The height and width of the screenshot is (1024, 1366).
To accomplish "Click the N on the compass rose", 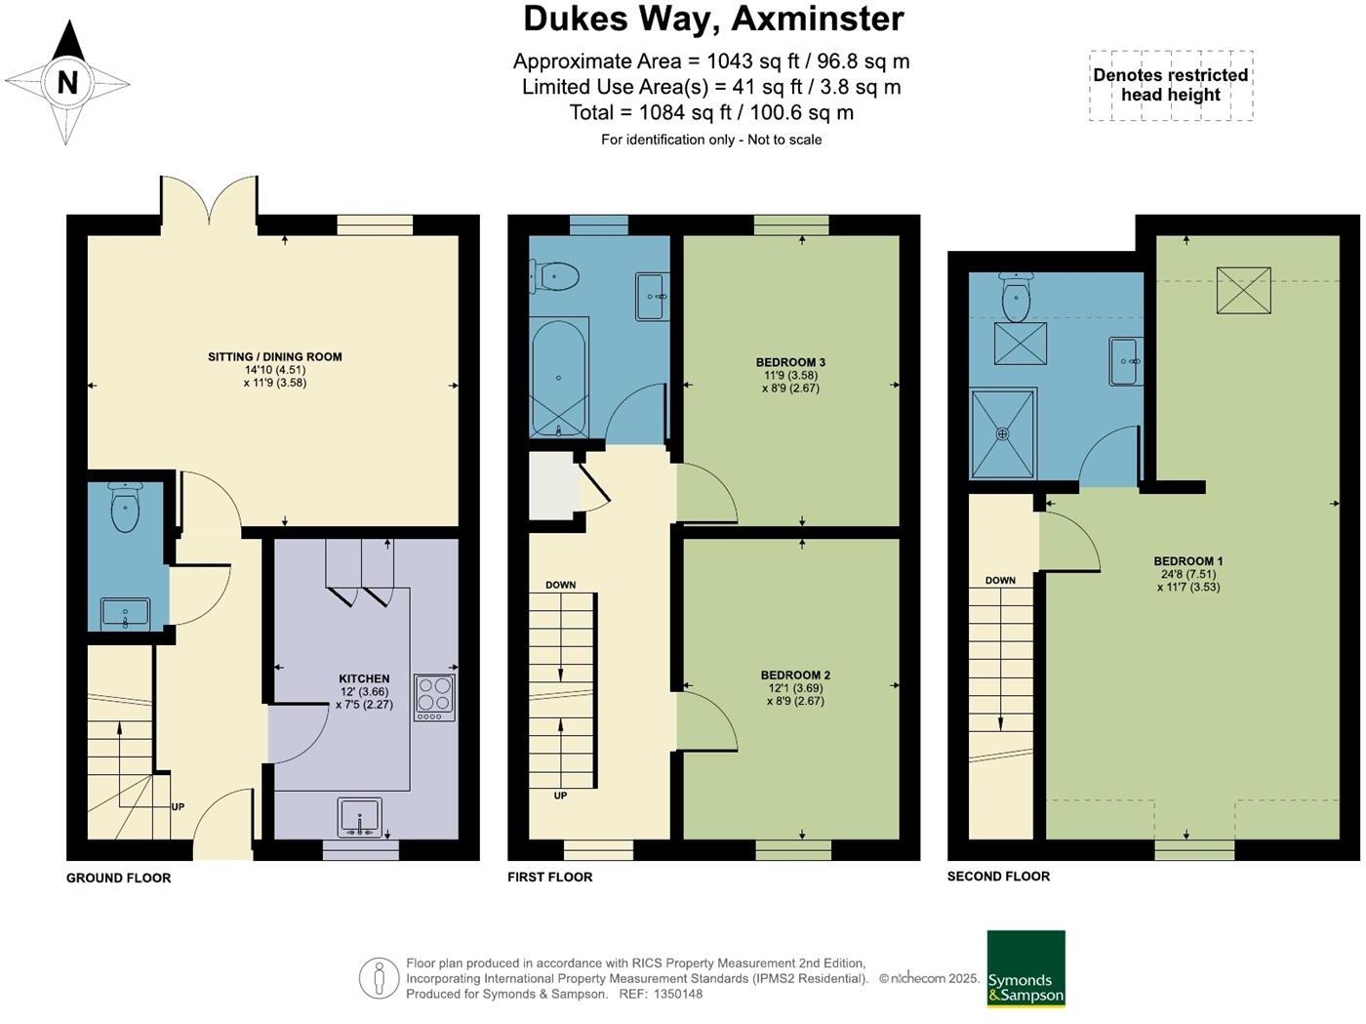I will pyautogui.click(x=67, y=82).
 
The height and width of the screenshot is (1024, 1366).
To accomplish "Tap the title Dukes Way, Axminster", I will pyautogui.click(x=713, y=19).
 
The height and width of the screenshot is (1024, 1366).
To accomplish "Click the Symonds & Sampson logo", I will pyautogui.click(x=1025, y=968).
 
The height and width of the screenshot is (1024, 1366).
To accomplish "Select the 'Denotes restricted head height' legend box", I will pyautogui.click(x=1171, y=86).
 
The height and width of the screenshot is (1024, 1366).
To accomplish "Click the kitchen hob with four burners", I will pyautogui.click(x=434, y=697).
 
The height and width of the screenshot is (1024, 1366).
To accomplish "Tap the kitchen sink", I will pyautogui.click(x=360, y=817).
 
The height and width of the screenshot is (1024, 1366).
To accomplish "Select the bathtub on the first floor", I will pyautogui.click(x=558, y=378).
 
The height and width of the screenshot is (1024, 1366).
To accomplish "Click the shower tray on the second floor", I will pyautogui.click(x=1002, y=433).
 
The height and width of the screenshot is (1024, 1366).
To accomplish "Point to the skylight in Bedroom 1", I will pyautogui.click(x=1244, y=290).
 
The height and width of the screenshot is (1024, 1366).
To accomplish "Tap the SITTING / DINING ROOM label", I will pyautogui.click(x=274, y=357).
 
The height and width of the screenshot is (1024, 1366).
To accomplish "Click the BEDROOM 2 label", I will pyautogui.click(x=795, y=675).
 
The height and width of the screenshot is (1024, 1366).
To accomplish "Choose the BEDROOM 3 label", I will pyautogui.click(x=790, y=362).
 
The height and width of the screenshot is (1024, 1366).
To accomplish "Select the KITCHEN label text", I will pyautogui.click(x=364, y=678).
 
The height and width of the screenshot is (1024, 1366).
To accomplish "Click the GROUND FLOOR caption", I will pyautogui.click(x=118, y=878).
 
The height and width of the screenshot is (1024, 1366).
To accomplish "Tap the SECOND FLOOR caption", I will pyautogui.click(x=998, y=876).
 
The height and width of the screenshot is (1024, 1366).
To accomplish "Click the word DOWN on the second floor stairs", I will pyautogui.click(x=1000, y=580).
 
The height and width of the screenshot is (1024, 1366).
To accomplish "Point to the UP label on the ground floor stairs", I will pyautogui.click(x=178, y=806).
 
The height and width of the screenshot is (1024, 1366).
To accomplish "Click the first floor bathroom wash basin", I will pyautogui.click(x=651, y=296).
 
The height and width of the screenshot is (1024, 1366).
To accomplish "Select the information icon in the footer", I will pyautogui.click(x=379, y=978).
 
